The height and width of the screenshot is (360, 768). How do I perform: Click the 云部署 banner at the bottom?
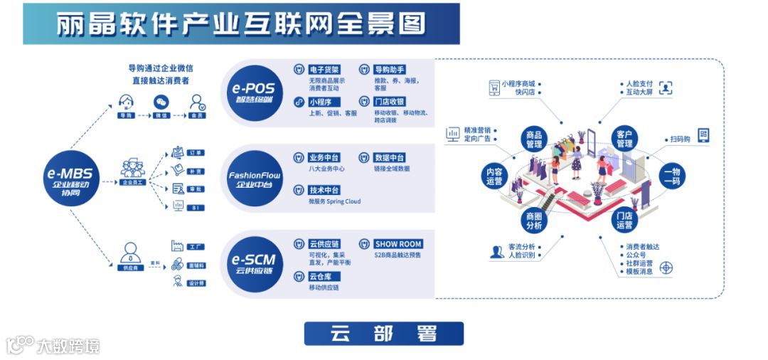[383, 334]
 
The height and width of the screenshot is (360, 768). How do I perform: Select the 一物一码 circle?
[673, 176]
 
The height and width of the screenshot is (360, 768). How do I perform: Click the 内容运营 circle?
[494, 176]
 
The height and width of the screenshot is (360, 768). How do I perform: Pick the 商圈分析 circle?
[533, 221]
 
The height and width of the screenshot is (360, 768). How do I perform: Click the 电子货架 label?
[324, 70]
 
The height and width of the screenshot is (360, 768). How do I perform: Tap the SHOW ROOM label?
[398, 244]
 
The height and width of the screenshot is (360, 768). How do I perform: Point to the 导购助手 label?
[390, 70]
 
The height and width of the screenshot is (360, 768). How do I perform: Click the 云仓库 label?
[324, 276]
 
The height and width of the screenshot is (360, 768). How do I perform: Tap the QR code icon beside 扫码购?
[703, 135]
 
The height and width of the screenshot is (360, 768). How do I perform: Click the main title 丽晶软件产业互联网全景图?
[241, 23]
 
